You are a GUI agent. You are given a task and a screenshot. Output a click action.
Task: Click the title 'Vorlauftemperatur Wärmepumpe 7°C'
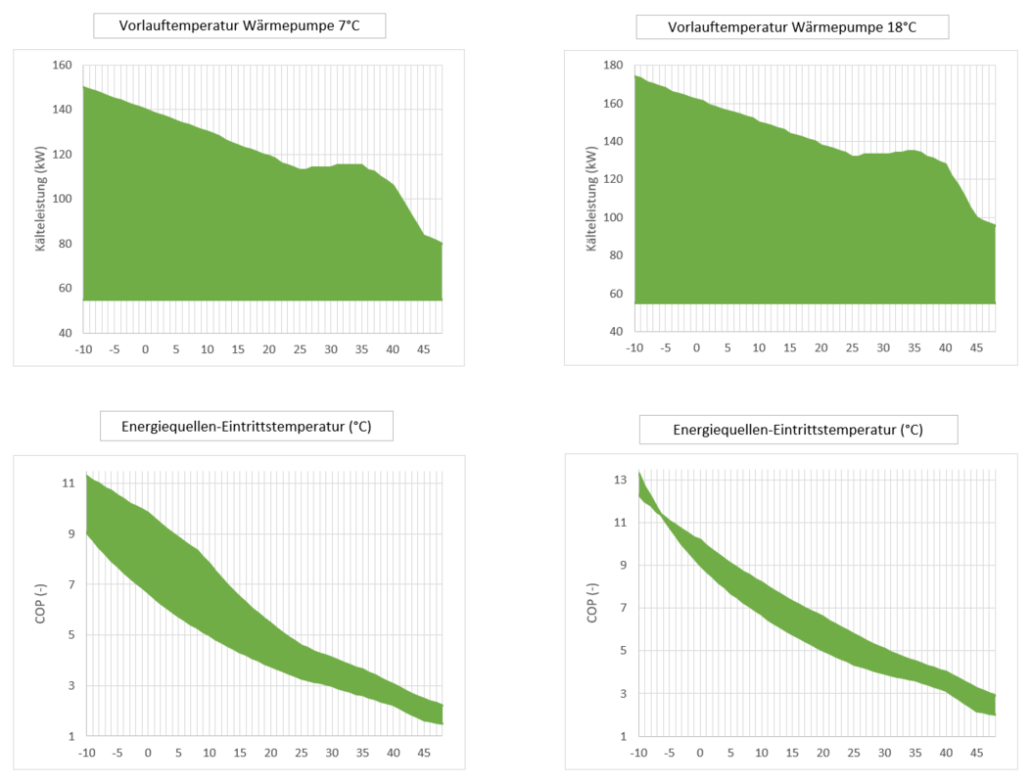point(239,25)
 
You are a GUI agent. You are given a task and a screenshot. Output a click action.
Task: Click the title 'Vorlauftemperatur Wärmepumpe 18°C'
point(791,26)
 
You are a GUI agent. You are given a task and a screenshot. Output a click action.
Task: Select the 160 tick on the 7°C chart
point(63,66)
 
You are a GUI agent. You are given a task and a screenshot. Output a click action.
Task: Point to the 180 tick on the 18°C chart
point(615,66)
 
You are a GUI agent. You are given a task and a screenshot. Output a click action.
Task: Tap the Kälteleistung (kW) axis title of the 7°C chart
point(41,200)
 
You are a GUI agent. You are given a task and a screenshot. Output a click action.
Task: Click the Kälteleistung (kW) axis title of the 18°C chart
point(591,199)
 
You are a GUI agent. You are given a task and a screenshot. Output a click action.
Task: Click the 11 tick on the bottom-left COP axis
point(68,484)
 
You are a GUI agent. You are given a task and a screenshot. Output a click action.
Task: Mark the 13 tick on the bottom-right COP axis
point(619,480)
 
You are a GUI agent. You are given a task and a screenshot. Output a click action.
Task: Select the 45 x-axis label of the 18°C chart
point(976,348)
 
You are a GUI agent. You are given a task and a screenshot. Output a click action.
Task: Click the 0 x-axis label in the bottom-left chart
point(148,753)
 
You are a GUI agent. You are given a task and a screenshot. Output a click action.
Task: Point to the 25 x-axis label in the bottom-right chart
point(854,753)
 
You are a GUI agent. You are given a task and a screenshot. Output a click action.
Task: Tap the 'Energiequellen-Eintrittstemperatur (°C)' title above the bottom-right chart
point(798,430)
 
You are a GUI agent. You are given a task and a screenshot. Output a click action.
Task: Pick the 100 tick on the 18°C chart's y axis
point(615,217)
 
